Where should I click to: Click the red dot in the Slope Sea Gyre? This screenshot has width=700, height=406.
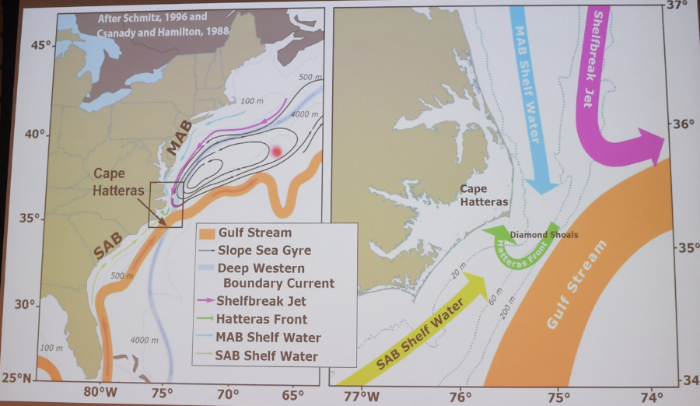pos(276,152)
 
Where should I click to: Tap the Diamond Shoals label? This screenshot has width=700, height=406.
pos(544,234)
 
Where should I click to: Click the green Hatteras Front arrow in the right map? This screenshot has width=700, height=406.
pos(520,246)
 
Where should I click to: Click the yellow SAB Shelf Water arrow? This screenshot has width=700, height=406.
pos(420,334)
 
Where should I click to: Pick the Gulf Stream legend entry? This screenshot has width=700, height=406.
pos(254,233)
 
